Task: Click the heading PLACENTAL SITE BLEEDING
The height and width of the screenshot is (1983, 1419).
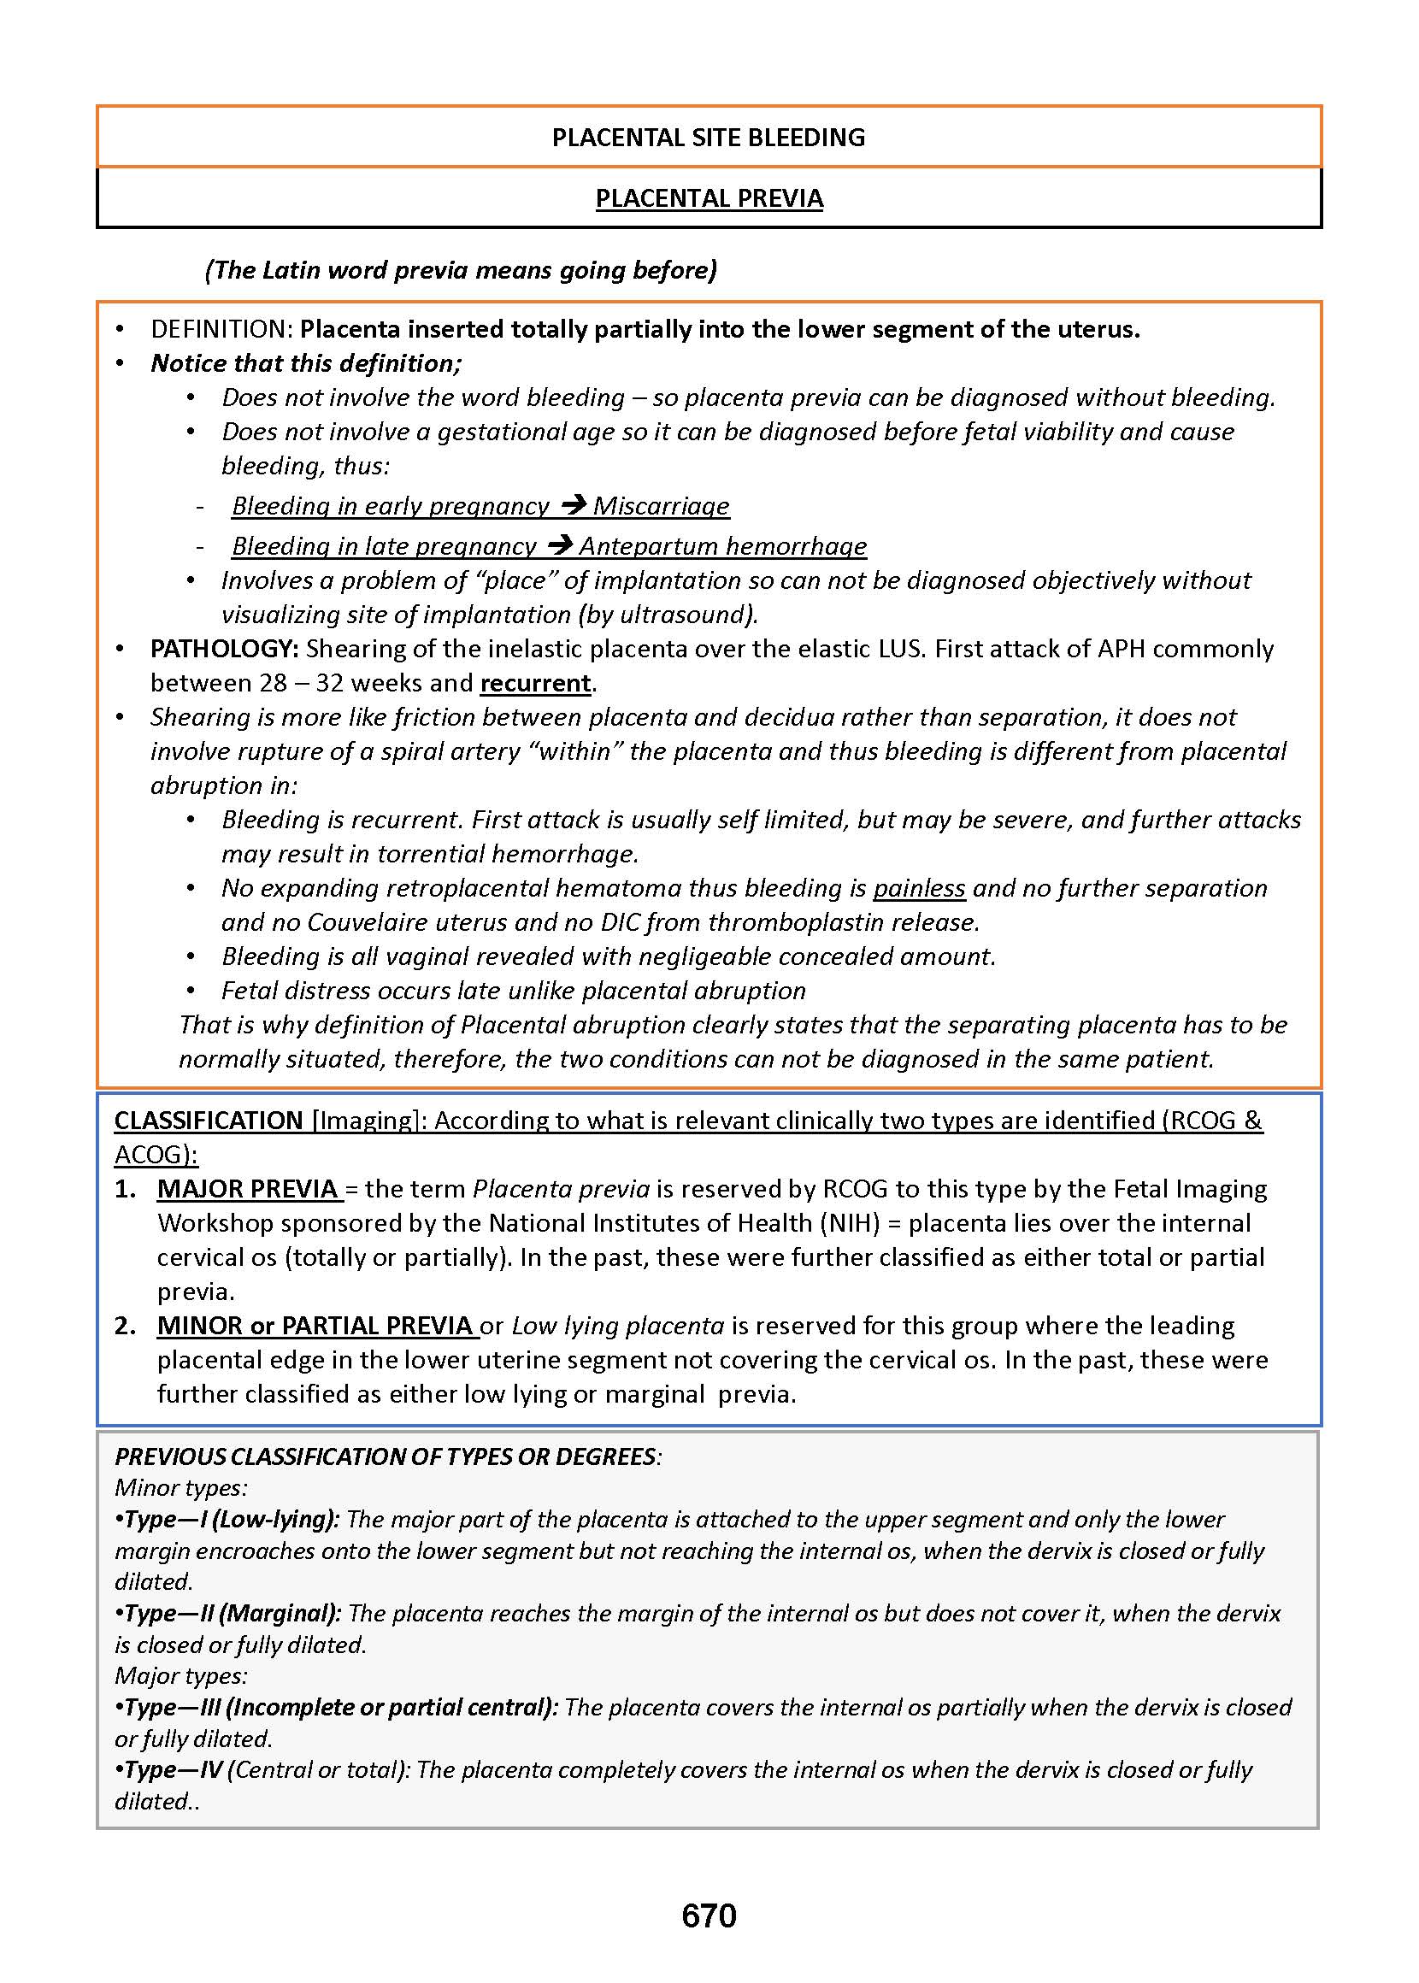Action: pos(708,137)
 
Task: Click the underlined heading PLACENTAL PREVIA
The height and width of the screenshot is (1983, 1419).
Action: pos(709,198)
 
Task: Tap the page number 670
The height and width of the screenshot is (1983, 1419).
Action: pos(709,1915)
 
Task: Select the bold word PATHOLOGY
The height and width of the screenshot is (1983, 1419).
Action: pos(224,648)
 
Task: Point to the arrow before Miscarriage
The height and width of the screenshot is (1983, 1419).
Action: pos(573,505)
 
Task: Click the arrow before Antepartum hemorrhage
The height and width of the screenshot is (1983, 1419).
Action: pos(560,545)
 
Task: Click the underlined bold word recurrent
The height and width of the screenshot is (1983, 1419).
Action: pos(536,682)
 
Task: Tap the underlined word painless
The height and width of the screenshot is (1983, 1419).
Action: pos(919,887)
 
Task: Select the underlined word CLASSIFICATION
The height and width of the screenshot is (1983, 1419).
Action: pos(209,1120)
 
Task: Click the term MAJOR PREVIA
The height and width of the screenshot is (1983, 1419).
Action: pos(248,1189)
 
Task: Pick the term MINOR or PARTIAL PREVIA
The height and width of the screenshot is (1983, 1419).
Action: pos(315,1325)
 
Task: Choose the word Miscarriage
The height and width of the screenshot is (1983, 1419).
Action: pos(662,506)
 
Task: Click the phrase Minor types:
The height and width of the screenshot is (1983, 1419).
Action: pos(181,1488)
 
